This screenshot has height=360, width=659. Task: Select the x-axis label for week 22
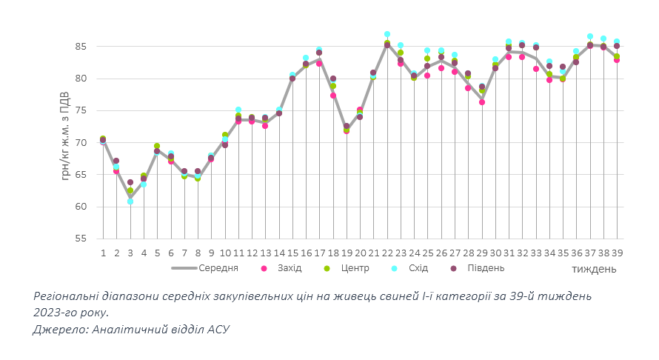(387, 253)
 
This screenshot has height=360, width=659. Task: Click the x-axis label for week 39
(616, 253)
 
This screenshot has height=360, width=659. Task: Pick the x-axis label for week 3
(130, 253)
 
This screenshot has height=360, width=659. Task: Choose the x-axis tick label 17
(319, 253)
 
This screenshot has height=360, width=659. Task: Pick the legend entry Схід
(418, 268)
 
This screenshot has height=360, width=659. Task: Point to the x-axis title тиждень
(594, 269)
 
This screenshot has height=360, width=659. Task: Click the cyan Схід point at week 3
(130, 201)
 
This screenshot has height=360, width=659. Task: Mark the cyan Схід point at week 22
(387, 34)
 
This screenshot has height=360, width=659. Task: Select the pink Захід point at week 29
(481, 102)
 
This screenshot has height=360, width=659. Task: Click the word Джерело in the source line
(60, 329)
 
